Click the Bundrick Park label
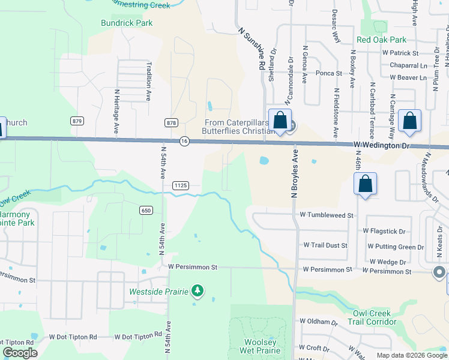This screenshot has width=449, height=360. click(x=127, y=23)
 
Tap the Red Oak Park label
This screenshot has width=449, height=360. click(x=381, y=40)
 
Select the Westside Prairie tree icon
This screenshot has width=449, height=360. click(x=197, y=292)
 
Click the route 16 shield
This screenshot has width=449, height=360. click(x=184, y=141)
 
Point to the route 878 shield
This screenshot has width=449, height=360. click(x=171, y=122)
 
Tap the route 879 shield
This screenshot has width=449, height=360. click(x=76, y=121)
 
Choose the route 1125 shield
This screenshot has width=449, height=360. click(x=181, y=186)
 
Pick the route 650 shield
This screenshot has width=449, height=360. click(x=146, y=210)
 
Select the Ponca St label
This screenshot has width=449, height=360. click(x=330, y=74)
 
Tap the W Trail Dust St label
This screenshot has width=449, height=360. click(x=325, y=245)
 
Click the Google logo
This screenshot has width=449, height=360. click(x=20, y=353)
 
